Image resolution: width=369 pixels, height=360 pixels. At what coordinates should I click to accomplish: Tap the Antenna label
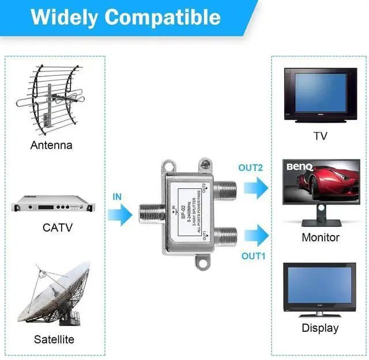(51, 145)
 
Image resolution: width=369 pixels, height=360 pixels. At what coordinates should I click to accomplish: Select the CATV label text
(58, 227)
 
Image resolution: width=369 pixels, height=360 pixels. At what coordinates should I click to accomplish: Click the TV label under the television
(320, 137)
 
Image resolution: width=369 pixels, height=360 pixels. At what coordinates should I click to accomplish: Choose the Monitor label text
(321, 237)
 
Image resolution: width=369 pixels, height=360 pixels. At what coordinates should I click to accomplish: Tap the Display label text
(320, 328)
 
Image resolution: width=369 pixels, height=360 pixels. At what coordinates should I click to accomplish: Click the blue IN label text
(117, 196)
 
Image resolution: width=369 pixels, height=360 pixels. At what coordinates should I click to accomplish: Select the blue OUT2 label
(251, 168)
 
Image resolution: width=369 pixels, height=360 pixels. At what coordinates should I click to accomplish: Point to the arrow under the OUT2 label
(255, 187)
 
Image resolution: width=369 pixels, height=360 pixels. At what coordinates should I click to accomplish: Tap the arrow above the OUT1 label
(256, 236)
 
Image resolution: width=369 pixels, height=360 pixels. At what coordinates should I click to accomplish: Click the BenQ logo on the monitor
(300, 167)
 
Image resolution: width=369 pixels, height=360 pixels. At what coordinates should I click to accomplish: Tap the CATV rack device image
(51, 204)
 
